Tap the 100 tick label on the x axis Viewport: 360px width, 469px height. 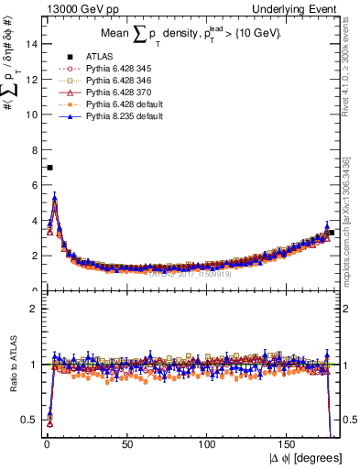(x=208, y=442)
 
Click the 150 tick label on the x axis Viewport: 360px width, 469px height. (x=289, y=442)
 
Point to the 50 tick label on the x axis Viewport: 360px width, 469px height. (x=127, y=442)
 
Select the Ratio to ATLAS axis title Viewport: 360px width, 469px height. (x=12, y=364)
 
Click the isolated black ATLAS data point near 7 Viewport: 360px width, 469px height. (x=49, y=168)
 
